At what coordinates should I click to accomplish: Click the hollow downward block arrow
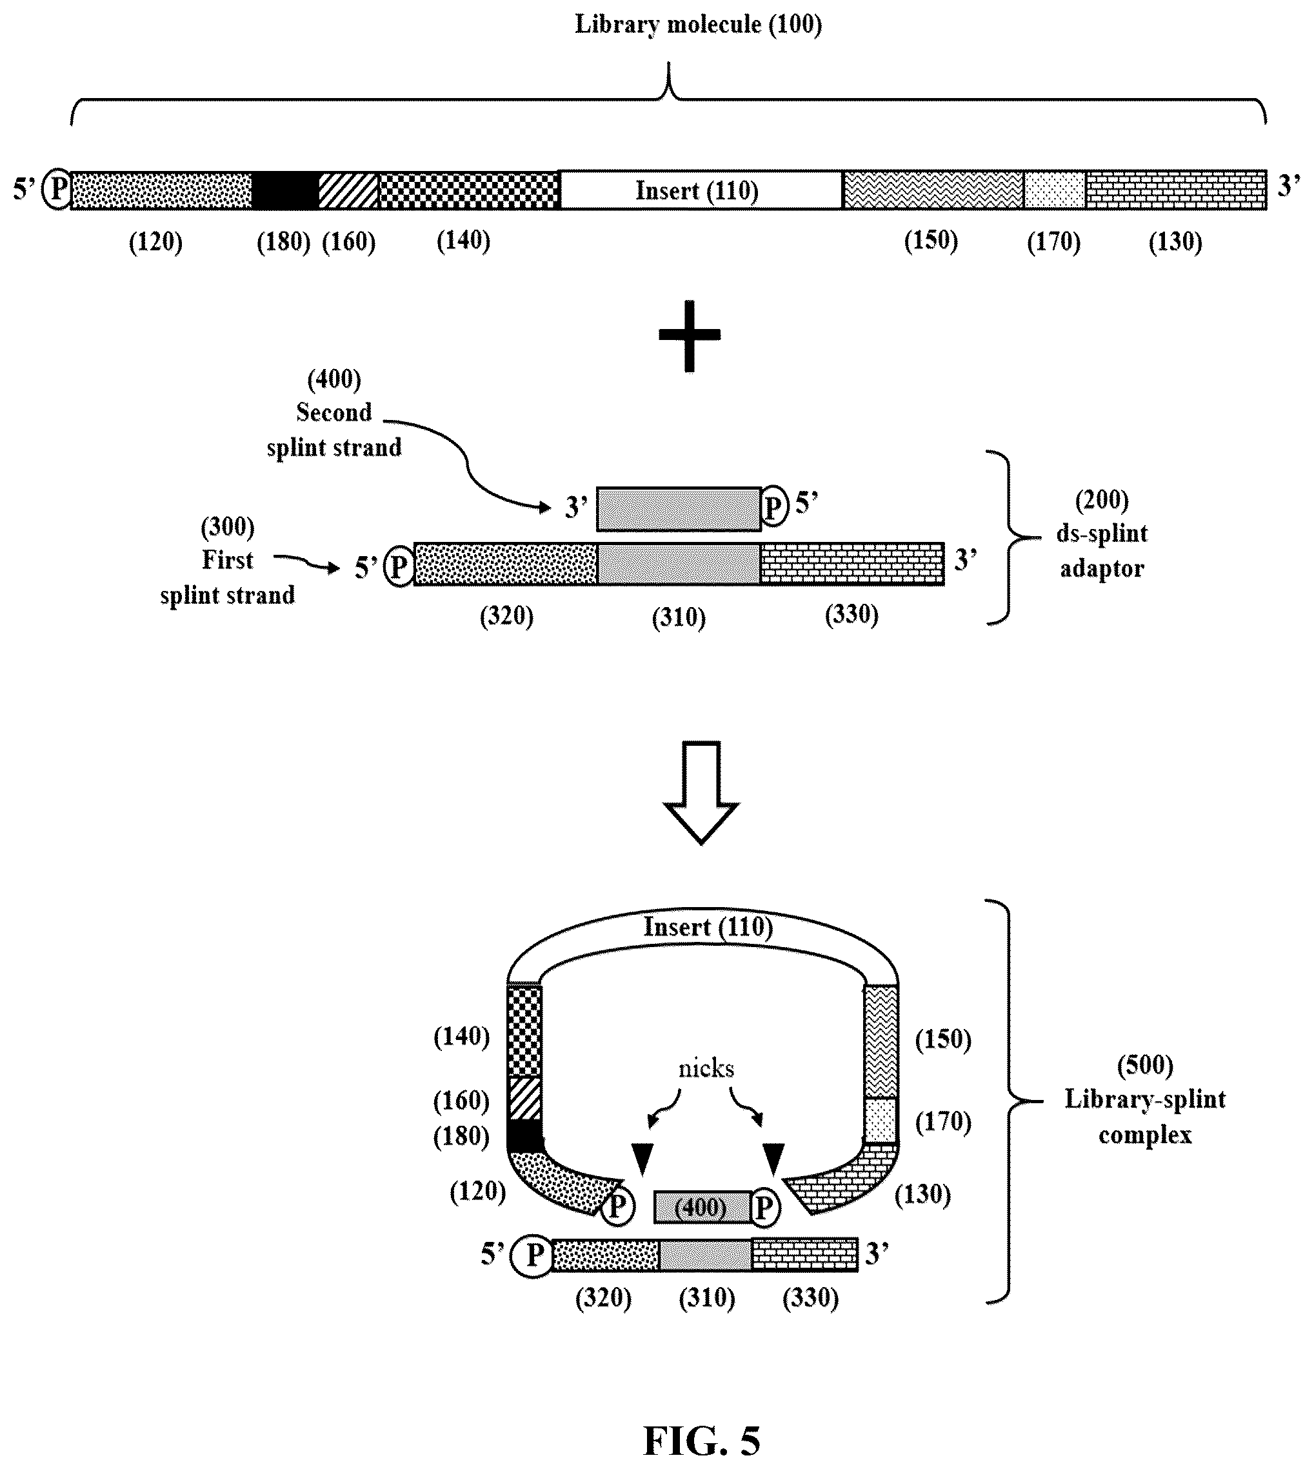701,792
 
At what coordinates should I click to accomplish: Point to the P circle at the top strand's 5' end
56,190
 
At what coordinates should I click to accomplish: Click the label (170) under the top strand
1053,242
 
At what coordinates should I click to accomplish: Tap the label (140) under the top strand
464,241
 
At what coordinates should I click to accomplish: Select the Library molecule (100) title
698,25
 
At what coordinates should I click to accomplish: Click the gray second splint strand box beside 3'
679,509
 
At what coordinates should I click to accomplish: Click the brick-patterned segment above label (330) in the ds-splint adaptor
852,563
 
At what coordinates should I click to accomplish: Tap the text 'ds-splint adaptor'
1102,550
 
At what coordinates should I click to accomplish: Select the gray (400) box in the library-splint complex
702,1207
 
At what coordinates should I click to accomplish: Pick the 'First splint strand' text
228,577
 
